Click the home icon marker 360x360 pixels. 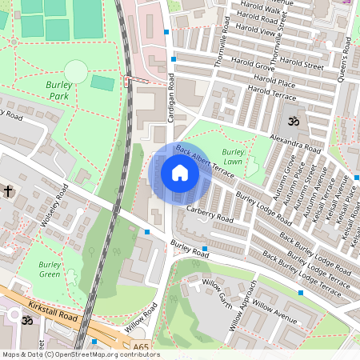179,173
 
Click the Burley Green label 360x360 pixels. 50,269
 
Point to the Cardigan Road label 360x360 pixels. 171,101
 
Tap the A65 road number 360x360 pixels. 141,346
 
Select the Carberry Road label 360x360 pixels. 209,214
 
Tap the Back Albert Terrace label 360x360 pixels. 205,161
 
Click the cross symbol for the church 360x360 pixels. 9,190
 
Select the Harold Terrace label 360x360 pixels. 272,93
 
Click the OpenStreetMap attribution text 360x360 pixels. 80,354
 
